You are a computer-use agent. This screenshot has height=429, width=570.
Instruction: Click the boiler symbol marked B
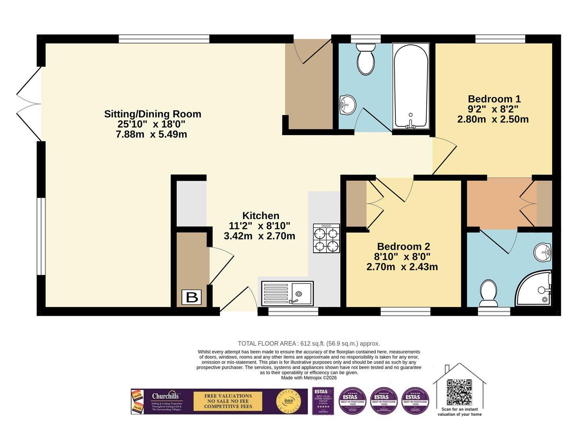(192, 297)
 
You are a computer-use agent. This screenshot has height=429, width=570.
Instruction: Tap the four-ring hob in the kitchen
(326, 238)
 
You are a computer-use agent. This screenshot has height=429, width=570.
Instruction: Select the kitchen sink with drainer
(287, 294)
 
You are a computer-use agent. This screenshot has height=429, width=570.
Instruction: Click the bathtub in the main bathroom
(411, 86)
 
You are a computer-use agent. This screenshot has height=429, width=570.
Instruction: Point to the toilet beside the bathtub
(366, 60)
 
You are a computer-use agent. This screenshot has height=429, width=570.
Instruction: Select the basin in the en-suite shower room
(543, 252)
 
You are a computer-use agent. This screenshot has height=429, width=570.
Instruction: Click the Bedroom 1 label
(494, 99)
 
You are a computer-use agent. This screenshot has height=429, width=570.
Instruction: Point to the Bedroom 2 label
(403, 246)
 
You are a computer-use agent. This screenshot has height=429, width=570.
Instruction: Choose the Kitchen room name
(261, 216)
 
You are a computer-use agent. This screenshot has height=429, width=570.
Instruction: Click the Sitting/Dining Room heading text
(153, 114)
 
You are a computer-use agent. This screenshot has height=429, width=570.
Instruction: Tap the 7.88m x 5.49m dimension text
(151, 134)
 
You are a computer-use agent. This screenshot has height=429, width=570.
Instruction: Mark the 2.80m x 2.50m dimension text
(493, 119)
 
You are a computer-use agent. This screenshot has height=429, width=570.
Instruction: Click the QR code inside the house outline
(459, 392)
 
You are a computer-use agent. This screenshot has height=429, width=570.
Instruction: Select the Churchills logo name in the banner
(165, 396)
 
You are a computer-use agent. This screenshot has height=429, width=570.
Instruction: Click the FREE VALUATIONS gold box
(228, 401)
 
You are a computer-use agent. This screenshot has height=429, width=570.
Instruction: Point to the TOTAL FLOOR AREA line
(309, 344)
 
